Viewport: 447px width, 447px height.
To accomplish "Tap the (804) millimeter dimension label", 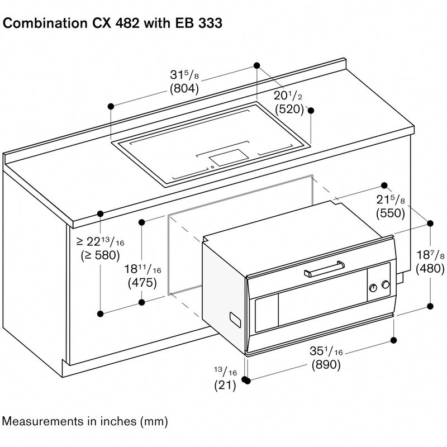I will [x=184, y=88].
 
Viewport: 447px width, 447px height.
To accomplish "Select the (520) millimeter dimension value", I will [x=289, y=109].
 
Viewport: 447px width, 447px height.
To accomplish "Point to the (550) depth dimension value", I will [x=391, y=213].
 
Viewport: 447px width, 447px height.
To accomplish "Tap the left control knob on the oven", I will [x=373, y=287].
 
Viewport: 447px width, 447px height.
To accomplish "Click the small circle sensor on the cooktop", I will [x=212, y=166].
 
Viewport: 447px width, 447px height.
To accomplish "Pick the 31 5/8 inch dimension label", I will [x=184, y=75].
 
